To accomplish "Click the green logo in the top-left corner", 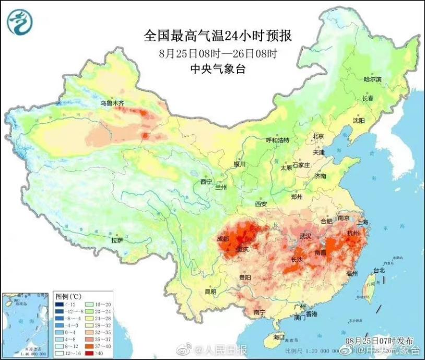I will [x=19, y=21].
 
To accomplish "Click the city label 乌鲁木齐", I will [x=112, y=103].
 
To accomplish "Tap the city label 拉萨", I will [x=117, y=240].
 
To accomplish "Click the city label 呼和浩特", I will [x=277, y=140].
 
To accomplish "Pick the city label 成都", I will [x=223, y=239].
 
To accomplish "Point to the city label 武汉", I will [x=306, y=236].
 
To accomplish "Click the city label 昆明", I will [x=210, y=291].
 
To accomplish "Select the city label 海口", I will [x=279, y=338].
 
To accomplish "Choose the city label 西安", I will [x=261, y=203].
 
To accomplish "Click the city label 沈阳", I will [x=359, y=120].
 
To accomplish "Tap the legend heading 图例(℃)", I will [x=66, y=296].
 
